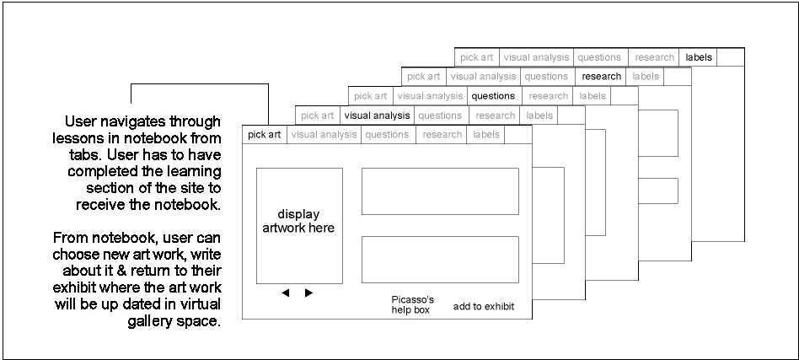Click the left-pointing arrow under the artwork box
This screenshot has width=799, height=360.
click(x=286, y=293)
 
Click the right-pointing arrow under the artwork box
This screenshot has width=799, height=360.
click(x=308, y=293)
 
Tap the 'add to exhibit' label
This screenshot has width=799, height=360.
click(x=484, y=306)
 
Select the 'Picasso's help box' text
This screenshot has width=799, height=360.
click(x=413, y=304)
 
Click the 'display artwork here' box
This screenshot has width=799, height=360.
click(x=300, y=226)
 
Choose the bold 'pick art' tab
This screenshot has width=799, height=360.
click(x=265, y=135)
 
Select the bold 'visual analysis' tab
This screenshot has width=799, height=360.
click(x=377, y=116)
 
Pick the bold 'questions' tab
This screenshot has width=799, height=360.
click(x=493, y=96)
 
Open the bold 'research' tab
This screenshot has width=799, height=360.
click(x=601, y=77)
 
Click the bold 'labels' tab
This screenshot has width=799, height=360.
click(x=699, y=57)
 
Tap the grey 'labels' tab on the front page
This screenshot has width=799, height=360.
click(x=486, y=135)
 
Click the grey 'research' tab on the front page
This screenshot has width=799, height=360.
click(x=442, y=135)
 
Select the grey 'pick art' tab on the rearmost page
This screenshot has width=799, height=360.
click(x=477, y=57)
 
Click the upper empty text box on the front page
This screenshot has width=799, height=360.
click(x=440, y=191)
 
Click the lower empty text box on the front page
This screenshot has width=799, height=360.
click(x=440, y=260)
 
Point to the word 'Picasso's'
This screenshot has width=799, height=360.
click(x=413, y=299)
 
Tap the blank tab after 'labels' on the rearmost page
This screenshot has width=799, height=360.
click(x=731, y=57)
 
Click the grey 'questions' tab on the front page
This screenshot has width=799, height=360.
click(x=387, y=135)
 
